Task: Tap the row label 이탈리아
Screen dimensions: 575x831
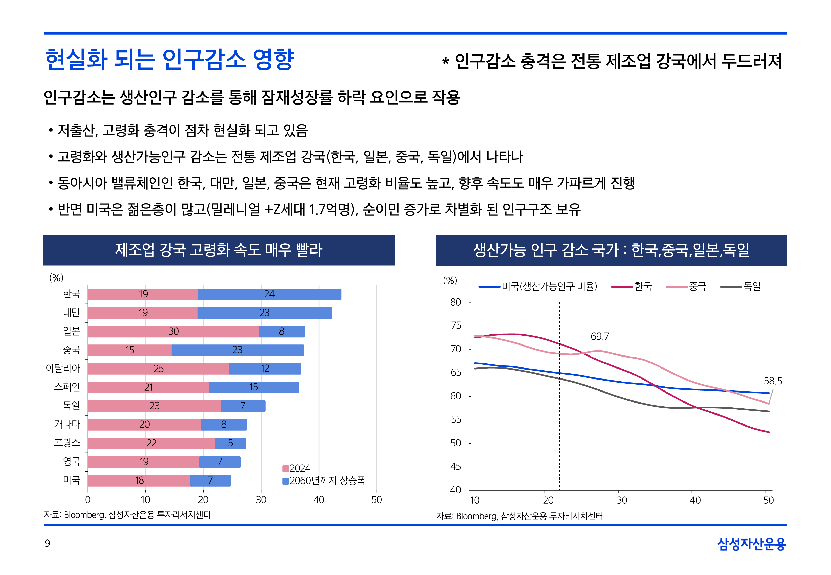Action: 63,368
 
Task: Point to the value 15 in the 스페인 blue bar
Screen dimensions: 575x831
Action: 254,387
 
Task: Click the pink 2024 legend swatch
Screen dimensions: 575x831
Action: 285,468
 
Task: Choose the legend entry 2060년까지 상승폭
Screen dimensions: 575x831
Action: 327,481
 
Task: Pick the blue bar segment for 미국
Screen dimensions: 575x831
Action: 210,481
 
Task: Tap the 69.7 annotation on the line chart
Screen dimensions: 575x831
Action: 600,337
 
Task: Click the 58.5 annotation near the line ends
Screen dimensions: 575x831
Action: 773,381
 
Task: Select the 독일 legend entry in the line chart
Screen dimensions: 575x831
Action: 752,286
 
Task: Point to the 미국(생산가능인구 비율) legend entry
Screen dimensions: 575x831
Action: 549,286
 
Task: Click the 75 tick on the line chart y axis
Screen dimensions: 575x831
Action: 456,326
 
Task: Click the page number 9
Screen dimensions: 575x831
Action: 47,543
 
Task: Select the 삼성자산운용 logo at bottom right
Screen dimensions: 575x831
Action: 751,544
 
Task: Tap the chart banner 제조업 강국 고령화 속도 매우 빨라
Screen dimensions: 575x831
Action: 218,250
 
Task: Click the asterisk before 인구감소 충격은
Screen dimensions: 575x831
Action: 445,61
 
